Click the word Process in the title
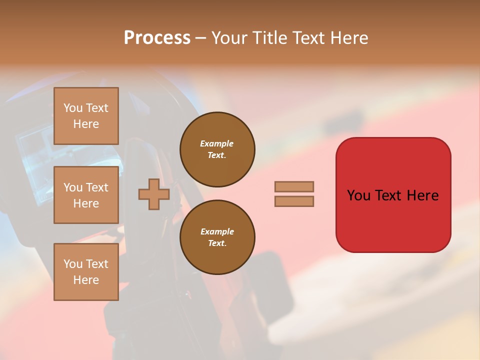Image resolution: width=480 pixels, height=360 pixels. click(157, 38)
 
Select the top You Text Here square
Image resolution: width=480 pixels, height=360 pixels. click(86, 116)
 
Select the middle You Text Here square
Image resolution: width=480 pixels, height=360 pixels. click(86, 195)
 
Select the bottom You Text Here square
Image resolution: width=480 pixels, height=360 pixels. click(86, 271)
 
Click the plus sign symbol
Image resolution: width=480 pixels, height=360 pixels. click(154, 194)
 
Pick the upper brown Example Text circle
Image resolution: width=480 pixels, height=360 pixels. click(217, 149)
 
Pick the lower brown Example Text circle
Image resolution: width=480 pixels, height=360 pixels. click(217, 237)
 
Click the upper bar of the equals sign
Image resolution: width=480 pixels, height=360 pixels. click(294, 186)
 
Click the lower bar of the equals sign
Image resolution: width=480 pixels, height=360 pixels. click(294, 201)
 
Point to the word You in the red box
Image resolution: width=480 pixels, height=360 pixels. click(358, 195)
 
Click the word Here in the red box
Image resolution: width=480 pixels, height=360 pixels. click(422, 195)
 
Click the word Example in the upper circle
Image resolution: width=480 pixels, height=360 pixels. click(217, 143)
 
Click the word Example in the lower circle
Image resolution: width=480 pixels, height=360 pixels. click(217, 231)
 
